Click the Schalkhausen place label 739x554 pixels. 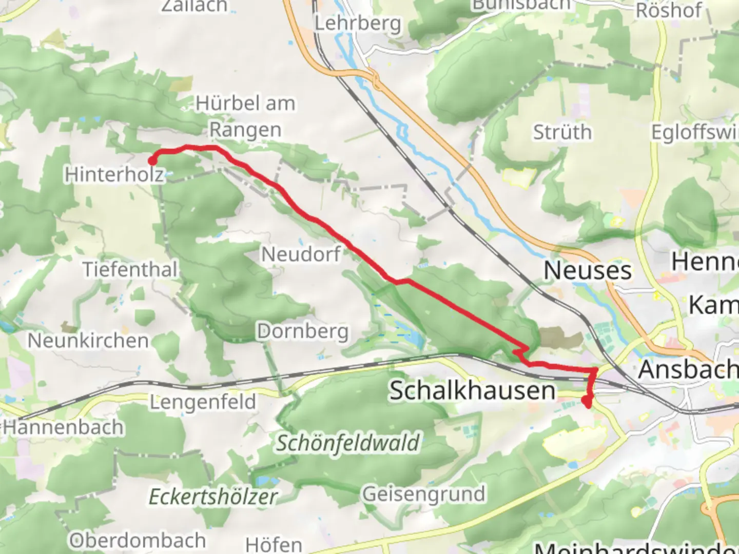(x=472, y=390)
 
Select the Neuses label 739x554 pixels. (x=587, y=270)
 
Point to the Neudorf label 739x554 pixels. (x=301, y=254)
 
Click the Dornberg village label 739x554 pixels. (x=303, y=331)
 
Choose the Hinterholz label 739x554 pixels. (x=114, y=175)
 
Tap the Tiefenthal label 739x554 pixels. (x=130, y=269)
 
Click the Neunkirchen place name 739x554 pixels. (x=88, y=341)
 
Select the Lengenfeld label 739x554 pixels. (x=203, y=402)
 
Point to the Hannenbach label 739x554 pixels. (x=63, y=427)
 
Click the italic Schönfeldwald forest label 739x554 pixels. (x=348, y=443)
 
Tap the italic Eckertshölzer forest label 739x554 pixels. (x=213, y=497)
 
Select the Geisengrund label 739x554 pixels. (x=423, y=494)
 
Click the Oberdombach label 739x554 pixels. (x=138, y=540)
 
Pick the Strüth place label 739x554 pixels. (x=562, y=132)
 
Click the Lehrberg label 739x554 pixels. (x=358, y=23)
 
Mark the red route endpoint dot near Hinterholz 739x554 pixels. (x=152, y=161)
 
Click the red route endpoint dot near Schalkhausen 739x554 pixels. (x=586, y=401)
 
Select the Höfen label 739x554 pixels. (x=274, y=544)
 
